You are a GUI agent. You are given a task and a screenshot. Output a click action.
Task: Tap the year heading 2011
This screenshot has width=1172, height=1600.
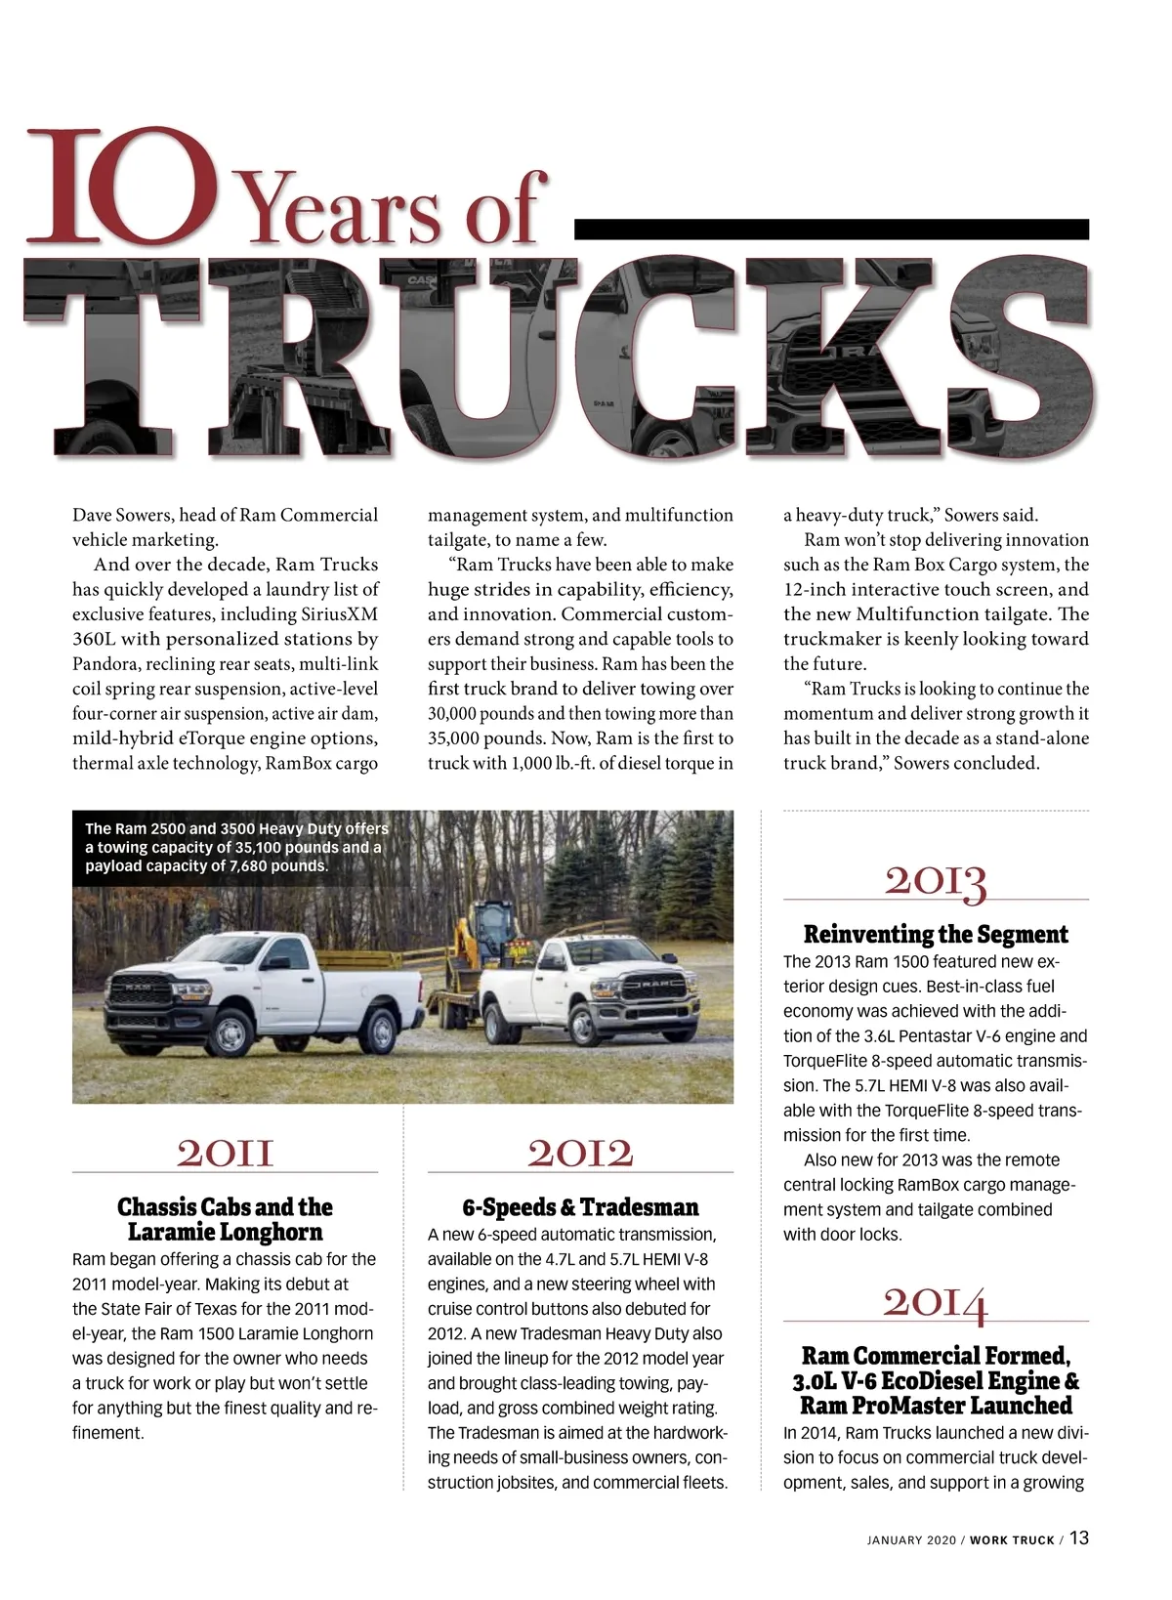[x=225, y=1153]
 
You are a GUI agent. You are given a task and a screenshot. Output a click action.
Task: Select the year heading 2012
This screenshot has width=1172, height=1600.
[x=580, y=1153]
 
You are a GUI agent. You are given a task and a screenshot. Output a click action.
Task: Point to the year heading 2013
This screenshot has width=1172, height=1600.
[x=936, y=881]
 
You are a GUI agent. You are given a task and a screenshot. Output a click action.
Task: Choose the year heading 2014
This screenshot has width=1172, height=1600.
[x=936, y=1303]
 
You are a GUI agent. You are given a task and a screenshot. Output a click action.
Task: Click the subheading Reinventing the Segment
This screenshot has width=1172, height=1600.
[x=936, y=935]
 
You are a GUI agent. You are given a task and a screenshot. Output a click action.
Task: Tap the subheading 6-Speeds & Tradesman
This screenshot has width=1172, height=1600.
[x=580, y=1207]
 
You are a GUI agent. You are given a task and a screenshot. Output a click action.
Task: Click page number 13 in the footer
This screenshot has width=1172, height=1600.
[x=1078, y=1538]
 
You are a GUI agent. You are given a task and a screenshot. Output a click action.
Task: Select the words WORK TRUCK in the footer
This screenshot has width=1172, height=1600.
[x=1012, y=1540]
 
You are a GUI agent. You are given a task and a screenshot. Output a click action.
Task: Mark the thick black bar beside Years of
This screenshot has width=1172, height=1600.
[x=831, y=229]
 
